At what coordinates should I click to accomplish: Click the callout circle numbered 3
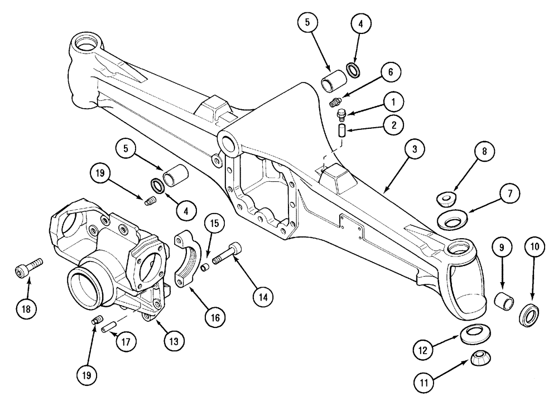tap(415, 149)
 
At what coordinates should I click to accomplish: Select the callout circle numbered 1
tap(393, 102)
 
